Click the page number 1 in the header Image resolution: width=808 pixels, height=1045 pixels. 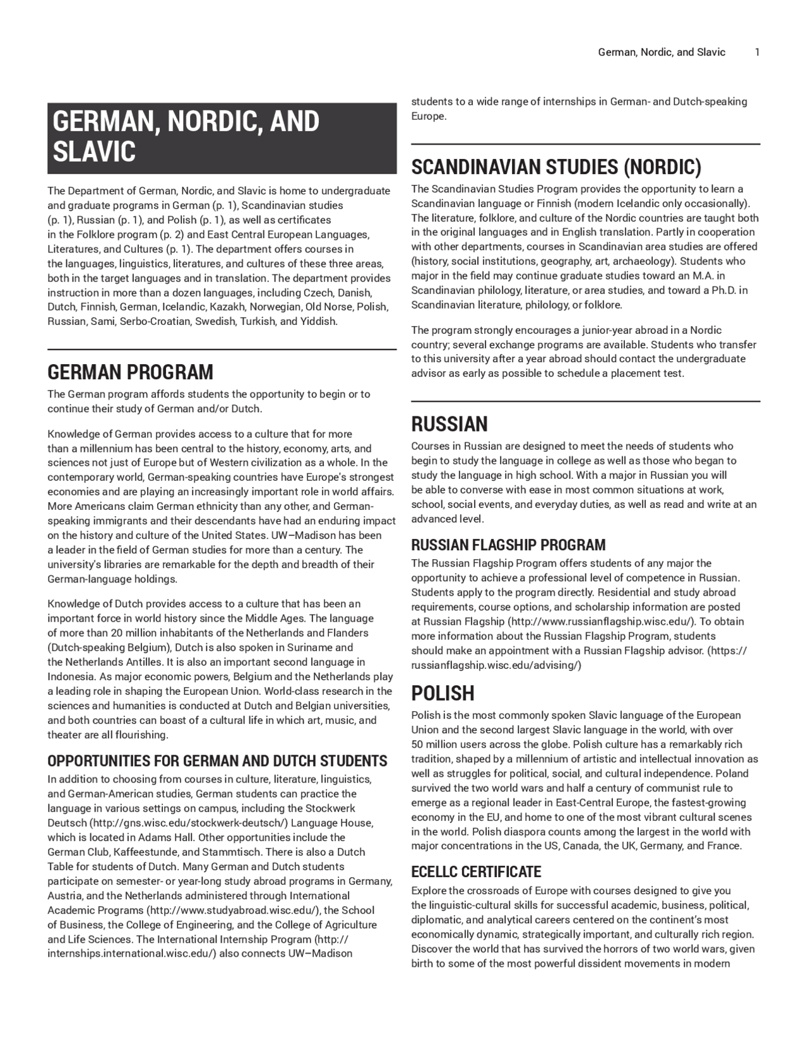tap(757, 52)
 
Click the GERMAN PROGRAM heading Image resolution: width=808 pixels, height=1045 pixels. tap(130, 372)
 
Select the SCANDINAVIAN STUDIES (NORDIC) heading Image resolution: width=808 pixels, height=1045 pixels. tap(556, 167)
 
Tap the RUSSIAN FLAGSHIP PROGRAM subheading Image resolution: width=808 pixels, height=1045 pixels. tap(508, 545)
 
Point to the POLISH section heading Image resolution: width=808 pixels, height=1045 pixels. tap(443, 693)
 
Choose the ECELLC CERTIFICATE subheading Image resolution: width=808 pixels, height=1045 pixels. tap(476, 871)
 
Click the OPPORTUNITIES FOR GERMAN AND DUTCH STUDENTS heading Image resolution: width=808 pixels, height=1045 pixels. tap(217, 760)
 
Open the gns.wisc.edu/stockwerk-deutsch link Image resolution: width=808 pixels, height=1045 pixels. tap(188, 823)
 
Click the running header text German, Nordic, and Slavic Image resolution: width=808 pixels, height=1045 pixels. tap(662, 52)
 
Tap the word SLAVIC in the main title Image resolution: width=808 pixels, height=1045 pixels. tap(94, 151)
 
